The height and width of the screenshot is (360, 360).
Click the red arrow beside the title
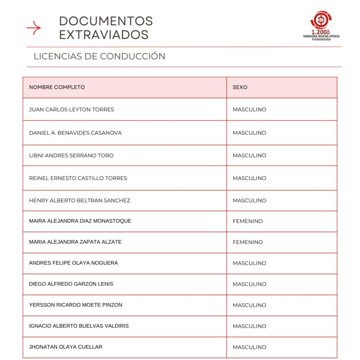coord(34,28)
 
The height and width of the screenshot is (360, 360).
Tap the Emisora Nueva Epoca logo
coord(321,26)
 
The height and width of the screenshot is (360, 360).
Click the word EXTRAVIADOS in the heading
coord(104,35)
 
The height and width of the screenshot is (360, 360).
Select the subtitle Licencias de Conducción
coord(99,56)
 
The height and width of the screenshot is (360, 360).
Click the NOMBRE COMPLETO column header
coord(57,87)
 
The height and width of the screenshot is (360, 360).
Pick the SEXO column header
coord(240,87)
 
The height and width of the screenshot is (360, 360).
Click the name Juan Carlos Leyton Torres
coord(71,109)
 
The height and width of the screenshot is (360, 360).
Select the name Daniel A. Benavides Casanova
coord(75,133)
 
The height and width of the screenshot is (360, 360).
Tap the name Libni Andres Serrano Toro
coord(71,155)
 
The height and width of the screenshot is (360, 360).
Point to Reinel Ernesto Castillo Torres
coord(78,178)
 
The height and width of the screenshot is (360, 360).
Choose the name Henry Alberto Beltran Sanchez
coord(79,200)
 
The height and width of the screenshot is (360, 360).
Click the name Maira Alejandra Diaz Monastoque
coord(80,221)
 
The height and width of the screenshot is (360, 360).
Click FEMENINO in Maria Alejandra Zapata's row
coord(247,242)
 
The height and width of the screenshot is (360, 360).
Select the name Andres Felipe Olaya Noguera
coord(73,263)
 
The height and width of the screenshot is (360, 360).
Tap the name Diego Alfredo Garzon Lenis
coord(71,284)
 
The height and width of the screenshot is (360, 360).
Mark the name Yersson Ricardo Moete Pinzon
coord(76,305)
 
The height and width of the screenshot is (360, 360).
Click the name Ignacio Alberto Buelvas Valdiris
coord(79,326)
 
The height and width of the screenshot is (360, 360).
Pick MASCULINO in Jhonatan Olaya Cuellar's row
coord(249,347)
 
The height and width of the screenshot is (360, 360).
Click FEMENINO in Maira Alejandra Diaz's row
coord(247,221)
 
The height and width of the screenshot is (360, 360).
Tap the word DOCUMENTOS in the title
coord(106,21)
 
